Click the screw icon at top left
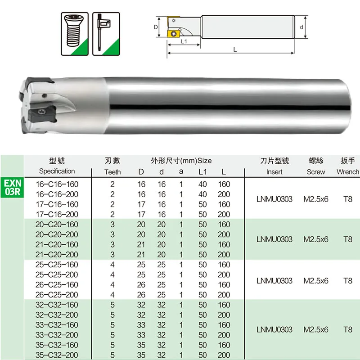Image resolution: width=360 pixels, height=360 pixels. point(75,34)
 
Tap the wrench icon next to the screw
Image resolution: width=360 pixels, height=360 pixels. point(106,34)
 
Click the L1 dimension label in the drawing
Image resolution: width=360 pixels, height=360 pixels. point(184,41)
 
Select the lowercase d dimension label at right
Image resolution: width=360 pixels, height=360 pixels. point(301,27)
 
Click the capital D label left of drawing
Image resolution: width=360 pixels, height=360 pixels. point(156,27)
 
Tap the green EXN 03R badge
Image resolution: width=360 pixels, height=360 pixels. point(13,187)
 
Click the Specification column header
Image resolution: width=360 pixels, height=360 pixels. point(57,171)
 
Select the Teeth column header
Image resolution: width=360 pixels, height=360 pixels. point(112,172)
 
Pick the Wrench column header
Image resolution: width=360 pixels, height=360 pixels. point(348,172)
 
